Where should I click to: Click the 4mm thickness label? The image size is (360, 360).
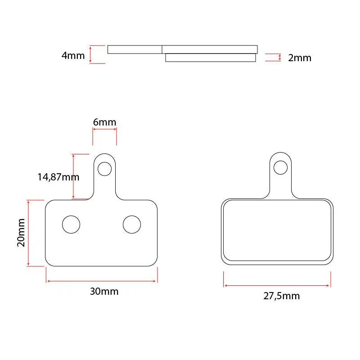coord(73,55)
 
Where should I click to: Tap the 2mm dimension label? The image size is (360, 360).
coord(300,58)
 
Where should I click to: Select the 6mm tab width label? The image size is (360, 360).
coord(104,122)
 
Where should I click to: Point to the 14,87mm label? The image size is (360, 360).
coord(58,177)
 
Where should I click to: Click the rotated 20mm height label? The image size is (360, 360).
coord(21,233)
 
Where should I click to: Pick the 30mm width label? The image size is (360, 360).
coord(104,291)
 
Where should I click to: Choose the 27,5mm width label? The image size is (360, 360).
coord(282,296)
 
